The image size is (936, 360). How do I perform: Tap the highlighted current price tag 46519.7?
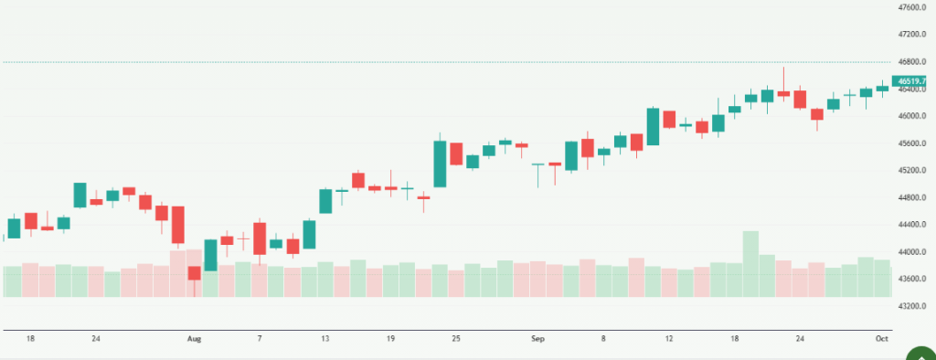click(x=915, y=80)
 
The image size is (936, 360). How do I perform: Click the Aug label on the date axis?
click(x=194, y=339)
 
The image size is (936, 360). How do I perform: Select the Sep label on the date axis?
click(x=537, y=339)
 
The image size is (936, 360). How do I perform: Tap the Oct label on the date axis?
click(x=881, y=339)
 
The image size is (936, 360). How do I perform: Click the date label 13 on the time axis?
click(x=324, y=339)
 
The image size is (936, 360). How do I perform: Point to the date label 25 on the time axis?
click(x=456, y=339)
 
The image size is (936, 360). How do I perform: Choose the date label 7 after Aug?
click(x=260, y=339)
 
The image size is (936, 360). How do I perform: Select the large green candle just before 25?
click(x=440, y=164)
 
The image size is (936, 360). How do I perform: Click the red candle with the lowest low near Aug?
click(x=194, y=272)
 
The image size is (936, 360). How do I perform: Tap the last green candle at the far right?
click(x=882, y=88)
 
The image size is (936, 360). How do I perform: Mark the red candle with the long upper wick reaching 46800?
click(x=783, y=93)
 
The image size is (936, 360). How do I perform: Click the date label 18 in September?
click(x=735, y=339)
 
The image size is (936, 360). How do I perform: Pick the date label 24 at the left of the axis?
click(x=96, y=339)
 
